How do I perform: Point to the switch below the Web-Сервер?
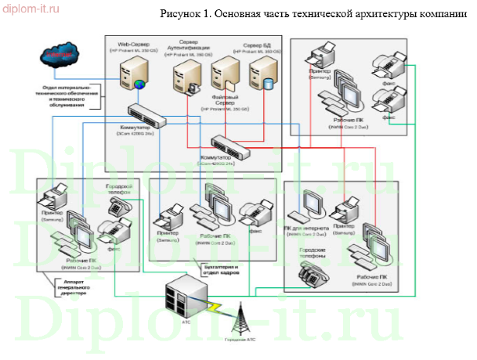tap(146, 115)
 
